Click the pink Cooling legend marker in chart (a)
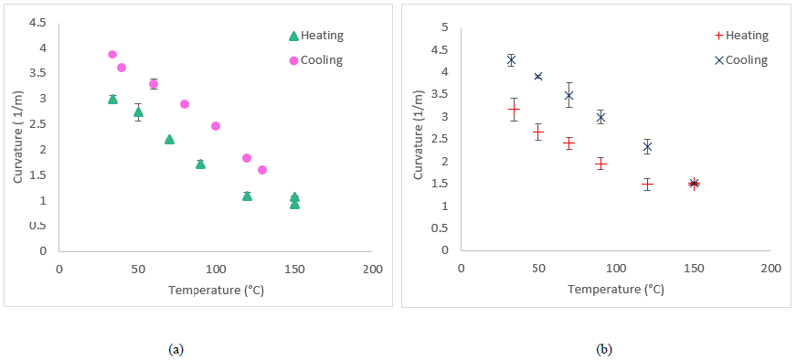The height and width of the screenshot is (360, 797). point(293,60)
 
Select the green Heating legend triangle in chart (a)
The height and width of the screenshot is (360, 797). point(293,37)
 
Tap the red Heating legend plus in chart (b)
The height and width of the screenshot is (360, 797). point(718,36)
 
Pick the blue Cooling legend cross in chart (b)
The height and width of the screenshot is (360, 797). point(718,60)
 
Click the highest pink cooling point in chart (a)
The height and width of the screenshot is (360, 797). point(112,55)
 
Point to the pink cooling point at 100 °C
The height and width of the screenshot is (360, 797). point(216,126)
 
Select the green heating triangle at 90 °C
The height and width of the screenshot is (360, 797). point(200,164)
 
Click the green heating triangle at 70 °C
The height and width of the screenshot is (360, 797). point(169,139)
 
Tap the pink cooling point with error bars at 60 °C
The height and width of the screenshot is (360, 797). point(154,84)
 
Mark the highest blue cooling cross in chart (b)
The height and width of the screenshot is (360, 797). point(511,60)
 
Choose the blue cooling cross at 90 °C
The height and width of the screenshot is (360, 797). point(600,118)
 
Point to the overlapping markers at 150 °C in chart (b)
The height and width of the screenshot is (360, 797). point(694,184)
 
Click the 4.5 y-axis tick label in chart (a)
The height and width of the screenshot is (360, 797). point(37,22)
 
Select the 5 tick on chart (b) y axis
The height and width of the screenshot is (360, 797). point(445,27)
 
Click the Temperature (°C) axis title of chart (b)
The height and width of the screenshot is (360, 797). point(615,290)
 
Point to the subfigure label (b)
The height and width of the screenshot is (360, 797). point(604,349)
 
